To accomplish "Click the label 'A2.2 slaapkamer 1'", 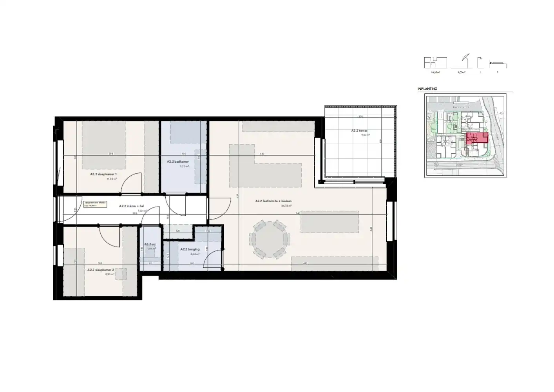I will pyautogui.click(x=103, y=174).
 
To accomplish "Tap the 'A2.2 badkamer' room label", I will pyautogui.click(x=178, y=162).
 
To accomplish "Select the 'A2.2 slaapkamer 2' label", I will pyautogui.click(x=100, y=270).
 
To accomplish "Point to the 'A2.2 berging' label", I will pyautogui.click(x=190, y=249).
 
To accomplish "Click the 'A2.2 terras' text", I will pyautogui.click(x=359, y=131).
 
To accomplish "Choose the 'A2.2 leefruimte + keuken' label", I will pyautogui.click(x=273, y=201).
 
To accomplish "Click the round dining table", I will pyautogui.click(x=270, y=239).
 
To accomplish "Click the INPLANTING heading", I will pyautogui.click(x=427, y=89).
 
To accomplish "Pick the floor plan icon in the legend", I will pyautogui.click(x=435, y=63).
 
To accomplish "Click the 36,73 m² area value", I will pyautogui.click(x=286, y=205).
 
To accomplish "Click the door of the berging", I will pyautogui.click(x=213, y=259).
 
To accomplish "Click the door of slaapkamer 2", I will pyautogui.click(x=110, y=235).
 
